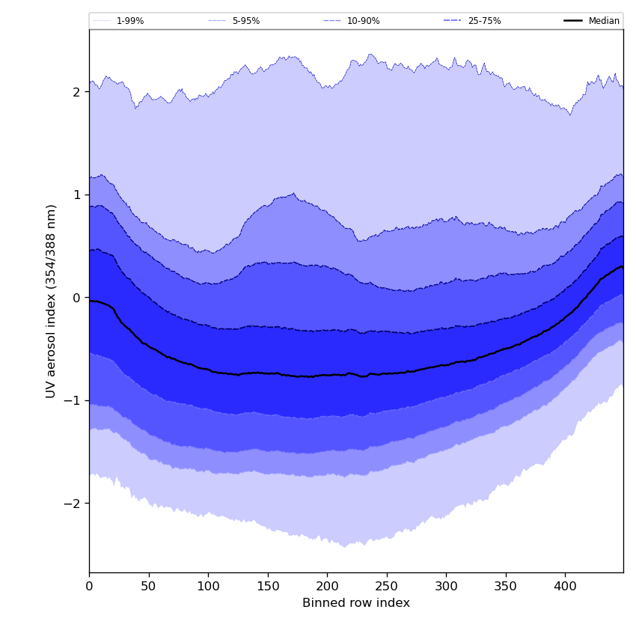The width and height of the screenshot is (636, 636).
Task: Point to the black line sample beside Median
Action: (573, 21)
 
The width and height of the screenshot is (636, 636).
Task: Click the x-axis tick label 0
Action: (89, 587)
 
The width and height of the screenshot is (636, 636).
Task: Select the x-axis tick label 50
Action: (149, 587)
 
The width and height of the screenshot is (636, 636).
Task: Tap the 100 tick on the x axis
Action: (208, 587)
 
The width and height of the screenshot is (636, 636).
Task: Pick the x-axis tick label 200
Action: (327, 587)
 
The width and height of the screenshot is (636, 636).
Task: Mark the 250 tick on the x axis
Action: (387, 587)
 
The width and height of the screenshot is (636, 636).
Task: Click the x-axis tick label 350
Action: (506, 587)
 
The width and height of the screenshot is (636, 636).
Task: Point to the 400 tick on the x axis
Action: (565, 587)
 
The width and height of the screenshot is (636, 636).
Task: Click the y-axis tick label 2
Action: (76, 92)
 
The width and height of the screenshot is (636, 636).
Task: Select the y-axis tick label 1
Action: (76, 195)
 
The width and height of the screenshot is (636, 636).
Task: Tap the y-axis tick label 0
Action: (76, 298)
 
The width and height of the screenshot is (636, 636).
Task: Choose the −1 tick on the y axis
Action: (73, 400)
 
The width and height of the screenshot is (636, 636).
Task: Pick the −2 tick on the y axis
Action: (73, 504)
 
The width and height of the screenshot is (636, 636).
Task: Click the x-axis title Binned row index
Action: (356, 603)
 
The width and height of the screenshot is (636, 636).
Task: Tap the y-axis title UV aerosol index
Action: (52, 301)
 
